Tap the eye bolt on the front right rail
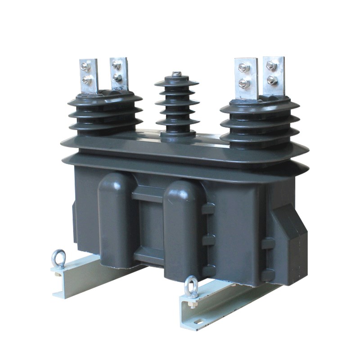[x=191, y=286]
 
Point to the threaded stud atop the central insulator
[x=177, y=74]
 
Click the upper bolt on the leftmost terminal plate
[x=85, y=67]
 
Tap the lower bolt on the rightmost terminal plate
[x=272, y=80]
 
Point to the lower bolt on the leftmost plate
[x=87, y=81]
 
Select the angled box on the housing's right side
[x=288, y=243]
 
